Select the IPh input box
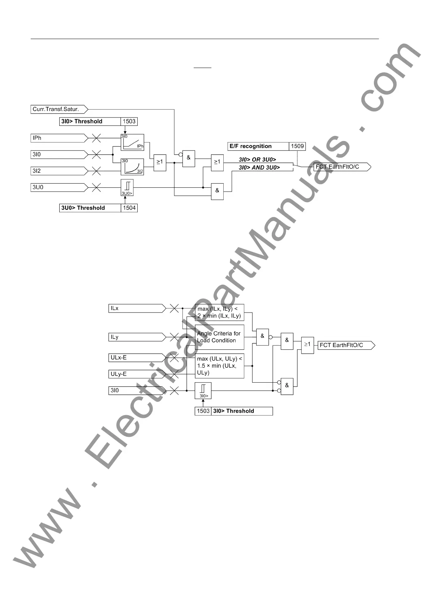pyautogui.click(x=58, y=138)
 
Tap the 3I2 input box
pyautogui.click(x=58, y=171)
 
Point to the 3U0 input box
pyautogui.click(x=58, y=187)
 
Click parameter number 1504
pyautogui.click(x=129, y=208)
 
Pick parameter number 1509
pyautogui.click(x=297, y=146)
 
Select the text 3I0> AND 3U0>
pyautogui.click(x=259, y=167)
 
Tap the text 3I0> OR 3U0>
pyautogui.click(x=257, y=159)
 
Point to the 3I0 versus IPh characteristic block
pyautogui.click(x=132, y=142)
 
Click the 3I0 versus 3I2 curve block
pyautogui.click(x=132, y=167)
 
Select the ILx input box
pyautogui.click(x=136, y=308)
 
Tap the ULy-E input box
pyautogui.click(x=136, y=374)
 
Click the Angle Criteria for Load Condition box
pyautogui.click(x=219, y=337)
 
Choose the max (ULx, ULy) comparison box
pyautogui.click(x=219, y=366)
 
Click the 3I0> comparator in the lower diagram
pyautogui.click(x=203, y=391)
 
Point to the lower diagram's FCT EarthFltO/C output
pyautogui.click(x=345, y=345)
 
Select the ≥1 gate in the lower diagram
pyautogui.click(x=308, y=345)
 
